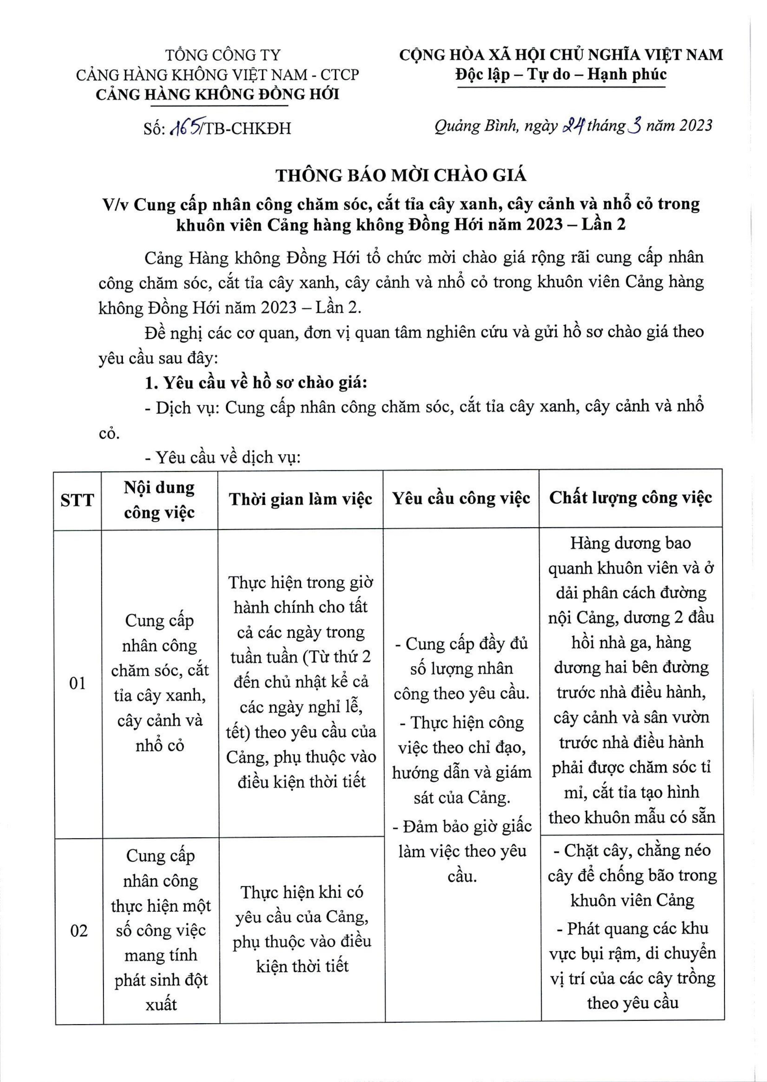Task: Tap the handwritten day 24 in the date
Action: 572,125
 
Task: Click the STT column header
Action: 77,499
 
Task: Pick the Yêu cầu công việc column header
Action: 461,499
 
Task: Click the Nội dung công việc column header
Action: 159,499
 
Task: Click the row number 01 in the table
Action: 77,683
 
